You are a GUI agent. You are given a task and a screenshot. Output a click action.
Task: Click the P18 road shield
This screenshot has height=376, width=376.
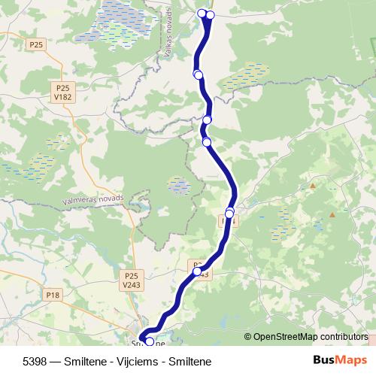52,295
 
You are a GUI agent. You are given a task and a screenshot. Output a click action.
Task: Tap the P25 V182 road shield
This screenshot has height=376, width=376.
62,92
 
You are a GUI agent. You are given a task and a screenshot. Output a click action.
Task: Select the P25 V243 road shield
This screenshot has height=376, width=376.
132,280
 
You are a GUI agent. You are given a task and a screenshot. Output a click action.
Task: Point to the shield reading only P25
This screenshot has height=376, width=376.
35,45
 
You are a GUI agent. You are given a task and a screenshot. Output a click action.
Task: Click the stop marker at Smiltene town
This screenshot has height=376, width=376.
149,342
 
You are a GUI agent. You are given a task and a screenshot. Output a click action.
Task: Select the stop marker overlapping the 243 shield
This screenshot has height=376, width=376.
197,271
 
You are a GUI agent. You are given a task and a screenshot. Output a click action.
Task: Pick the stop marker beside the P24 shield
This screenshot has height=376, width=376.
229,214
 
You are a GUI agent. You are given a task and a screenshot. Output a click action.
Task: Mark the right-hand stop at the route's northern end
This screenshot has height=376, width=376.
211,15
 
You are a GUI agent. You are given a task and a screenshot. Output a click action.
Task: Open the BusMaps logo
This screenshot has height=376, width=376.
340,360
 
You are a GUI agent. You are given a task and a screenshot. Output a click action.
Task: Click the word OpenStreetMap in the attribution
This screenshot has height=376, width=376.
286,336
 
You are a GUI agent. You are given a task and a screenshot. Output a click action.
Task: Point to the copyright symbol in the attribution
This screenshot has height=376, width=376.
248,336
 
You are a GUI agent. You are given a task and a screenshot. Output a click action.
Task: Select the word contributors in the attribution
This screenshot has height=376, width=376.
343,336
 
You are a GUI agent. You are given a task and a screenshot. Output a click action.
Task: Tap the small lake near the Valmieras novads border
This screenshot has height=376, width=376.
179,185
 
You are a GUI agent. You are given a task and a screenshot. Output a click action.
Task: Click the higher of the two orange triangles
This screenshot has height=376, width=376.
312,185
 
